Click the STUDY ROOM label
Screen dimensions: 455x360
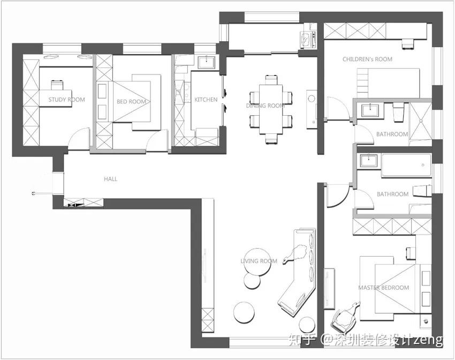point(67,100)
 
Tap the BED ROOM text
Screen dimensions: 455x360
point(131,102)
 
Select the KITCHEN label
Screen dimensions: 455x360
point(206,100)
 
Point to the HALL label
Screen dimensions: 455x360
point(111,179)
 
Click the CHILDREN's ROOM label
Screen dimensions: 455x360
point(367,59)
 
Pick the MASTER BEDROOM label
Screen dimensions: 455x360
point(384,288)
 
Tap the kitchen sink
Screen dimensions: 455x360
point(206,63)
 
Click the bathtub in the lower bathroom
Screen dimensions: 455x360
point(406,165)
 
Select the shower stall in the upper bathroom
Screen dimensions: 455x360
point(420,124)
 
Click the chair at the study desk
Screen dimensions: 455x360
point(57,85)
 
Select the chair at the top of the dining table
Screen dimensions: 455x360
point(271,79)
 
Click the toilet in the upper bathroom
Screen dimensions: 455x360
point(398,112)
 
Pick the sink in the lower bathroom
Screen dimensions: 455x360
point(368,161)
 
